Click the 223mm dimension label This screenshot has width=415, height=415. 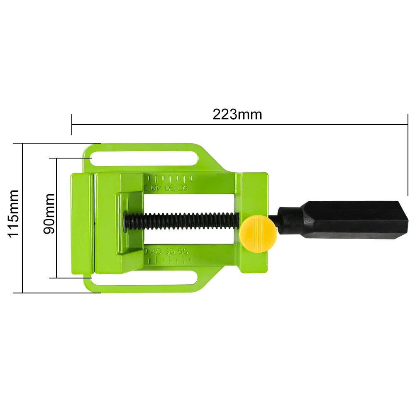(x=237, y=114)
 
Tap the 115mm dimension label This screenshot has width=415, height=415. (x=14, y=213)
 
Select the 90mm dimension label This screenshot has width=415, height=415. (x=49, y=213)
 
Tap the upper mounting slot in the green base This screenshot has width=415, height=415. (x=144, y=159)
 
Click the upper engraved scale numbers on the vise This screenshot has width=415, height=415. (x=166, y=188)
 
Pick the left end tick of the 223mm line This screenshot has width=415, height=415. (x=72, y=124)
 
